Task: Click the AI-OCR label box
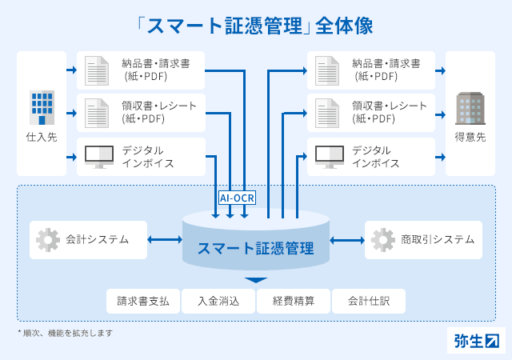tap(237, 198)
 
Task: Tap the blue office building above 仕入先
tap(42, 107)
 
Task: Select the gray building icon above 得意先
tap(470, 108)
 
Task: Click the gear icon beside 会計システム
tap(48, 240)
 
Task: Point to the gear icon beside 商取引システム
tap(383, 240)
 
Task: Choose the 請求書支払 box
tap(143, 301)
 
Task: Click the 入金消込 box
tap(218, 301)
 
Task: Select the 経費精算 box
tap(294, 301)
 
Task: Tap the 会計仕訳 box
tap(369, 301)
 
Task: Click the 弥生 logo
tap(477, 341)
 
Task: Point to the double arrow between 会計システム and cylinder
tap(165, 240)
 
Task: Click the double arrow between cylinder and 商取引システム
tap(347, 241)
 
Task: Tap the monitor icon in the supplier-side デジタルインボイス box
tap(99, 157)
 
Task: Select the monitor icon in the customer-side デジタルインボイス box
tap(330, 157)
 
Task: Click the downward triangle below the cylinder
tap(256, 280)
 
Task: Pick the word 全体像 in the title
tap(344, 26)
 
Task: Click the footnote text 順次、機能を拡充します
tap(68, 334)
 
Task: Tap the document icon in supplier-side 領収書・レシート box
tap(97, 113)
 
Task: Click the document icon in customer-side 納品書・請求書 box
tap(327, 70)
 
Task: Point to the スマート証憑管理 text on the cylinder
tap(256, 248)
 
